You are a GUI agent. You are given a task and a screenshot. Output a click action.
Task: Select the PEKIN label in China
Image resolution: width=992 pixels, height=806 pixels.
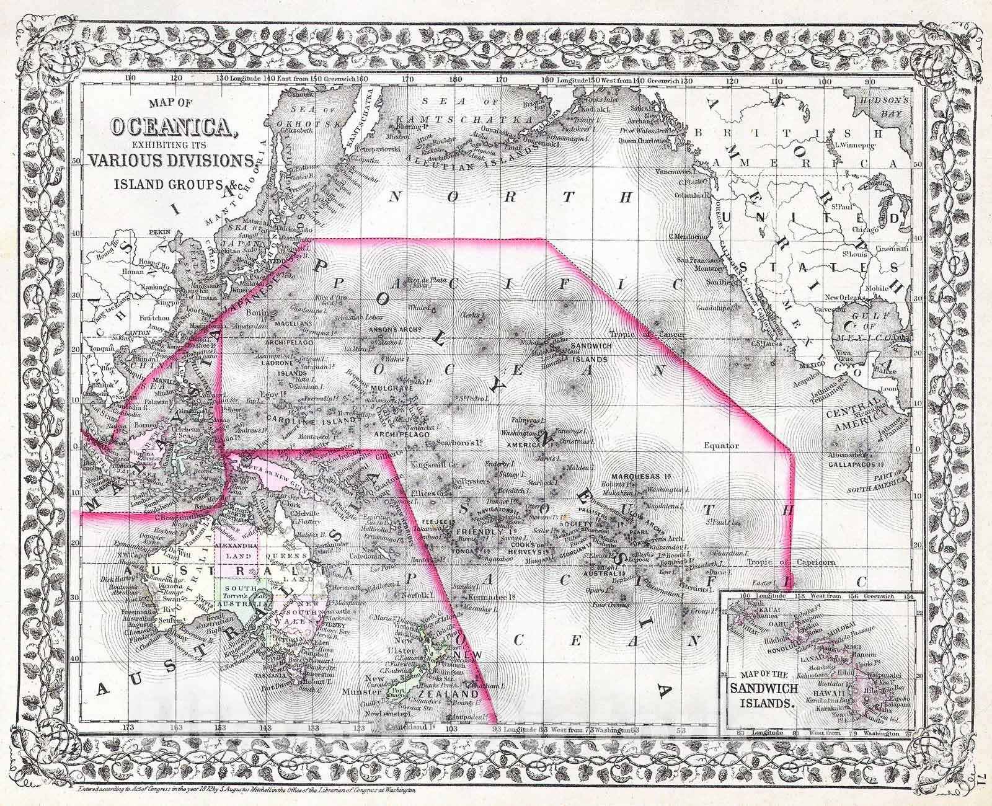pos(159,234)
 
